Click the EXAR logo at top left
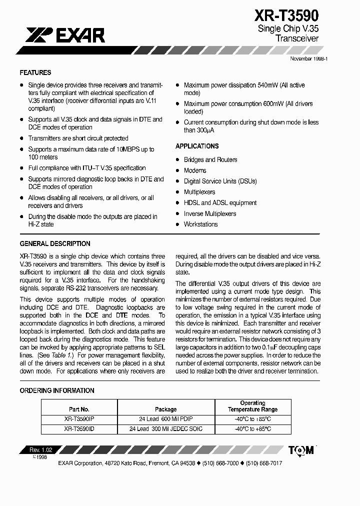tap(65, 35)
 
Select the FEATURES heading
tap(35, 72)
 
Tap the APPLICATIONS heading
tap(197, 146)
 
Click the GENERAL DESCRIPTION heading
tap(55, 244)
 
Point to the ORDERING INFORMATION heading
tap(57, 390)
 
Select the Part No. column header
tap(79, 409)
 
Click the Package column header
tap(165, 409)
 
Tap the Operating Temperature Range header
tap(252, 406)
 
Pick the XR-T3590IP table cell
tap(79, 419)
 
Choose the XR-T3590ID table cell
tap(79, 429)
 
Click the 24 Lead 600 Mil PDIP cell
tap(165, 419)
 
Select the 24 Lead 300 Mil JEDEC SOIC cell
tap(165, 429)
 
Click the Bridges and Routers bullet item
tap(210, 160)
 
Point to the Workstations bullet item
tap(200, 224)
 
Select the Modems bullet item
tap(195, 170)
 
